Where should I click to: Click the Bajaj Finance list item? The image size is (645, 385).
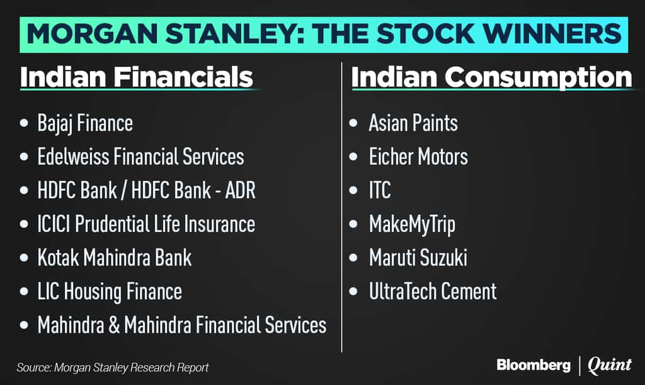pos(85,124)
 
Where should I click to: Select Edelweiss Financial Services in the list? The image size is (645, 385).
pos(140,157)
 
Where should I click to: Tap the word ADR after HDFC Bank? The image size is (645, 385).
pos(240,190)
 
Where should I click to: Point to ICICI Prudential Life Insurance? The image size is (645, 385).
pos(146,224)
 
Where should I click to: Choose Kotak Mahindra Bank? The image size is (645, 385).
pos(115,258)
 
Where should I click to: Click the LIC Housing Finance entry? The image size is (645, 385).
pos(110,292)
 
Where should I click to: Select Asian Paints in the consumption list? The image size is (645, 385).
pos(413,123)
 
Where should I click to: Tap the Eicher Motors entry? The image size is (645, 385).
pos(418,157)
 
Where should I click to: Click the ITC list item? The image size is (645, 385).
pos(380,190)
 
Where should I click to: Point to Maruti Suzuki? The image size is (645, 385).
pos(418,258)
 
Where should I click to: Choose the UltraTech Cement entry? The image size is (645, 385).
pos(433,292)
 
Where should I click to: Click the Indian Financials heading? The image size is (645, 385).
pos(137,78)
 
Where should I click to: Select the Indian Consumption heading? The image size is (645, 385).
pos(491,78)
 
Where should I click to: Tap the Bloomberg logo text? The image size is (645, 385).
pos(534,365)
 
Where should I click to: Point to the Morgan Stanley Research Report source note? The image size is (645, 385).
pos(113,367)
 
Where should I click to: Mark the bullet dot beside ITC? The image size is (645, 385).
pos(353,190)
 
